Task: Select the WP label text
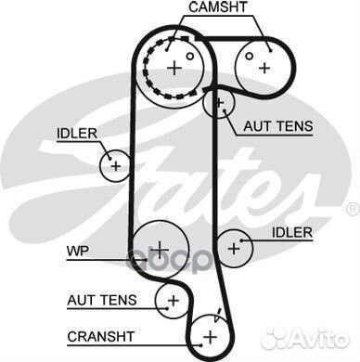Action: coord(75,251)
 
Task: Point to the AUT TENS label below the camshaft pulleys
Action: coord(277,126)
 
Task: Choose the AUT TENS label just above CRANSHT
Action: coord(102,300)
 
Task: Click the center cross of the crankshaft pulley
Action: coord(211,334)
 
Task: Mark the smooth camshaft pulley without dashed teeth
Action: coord(264,66)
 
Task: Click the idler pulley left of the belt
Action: coord(115,165)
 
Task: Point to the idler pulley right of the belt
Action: coord(236,247)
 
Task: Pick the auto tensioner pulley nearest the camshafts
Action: coord(220,102)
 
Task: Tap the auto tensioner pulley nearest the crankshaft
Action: coord(173,299)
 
